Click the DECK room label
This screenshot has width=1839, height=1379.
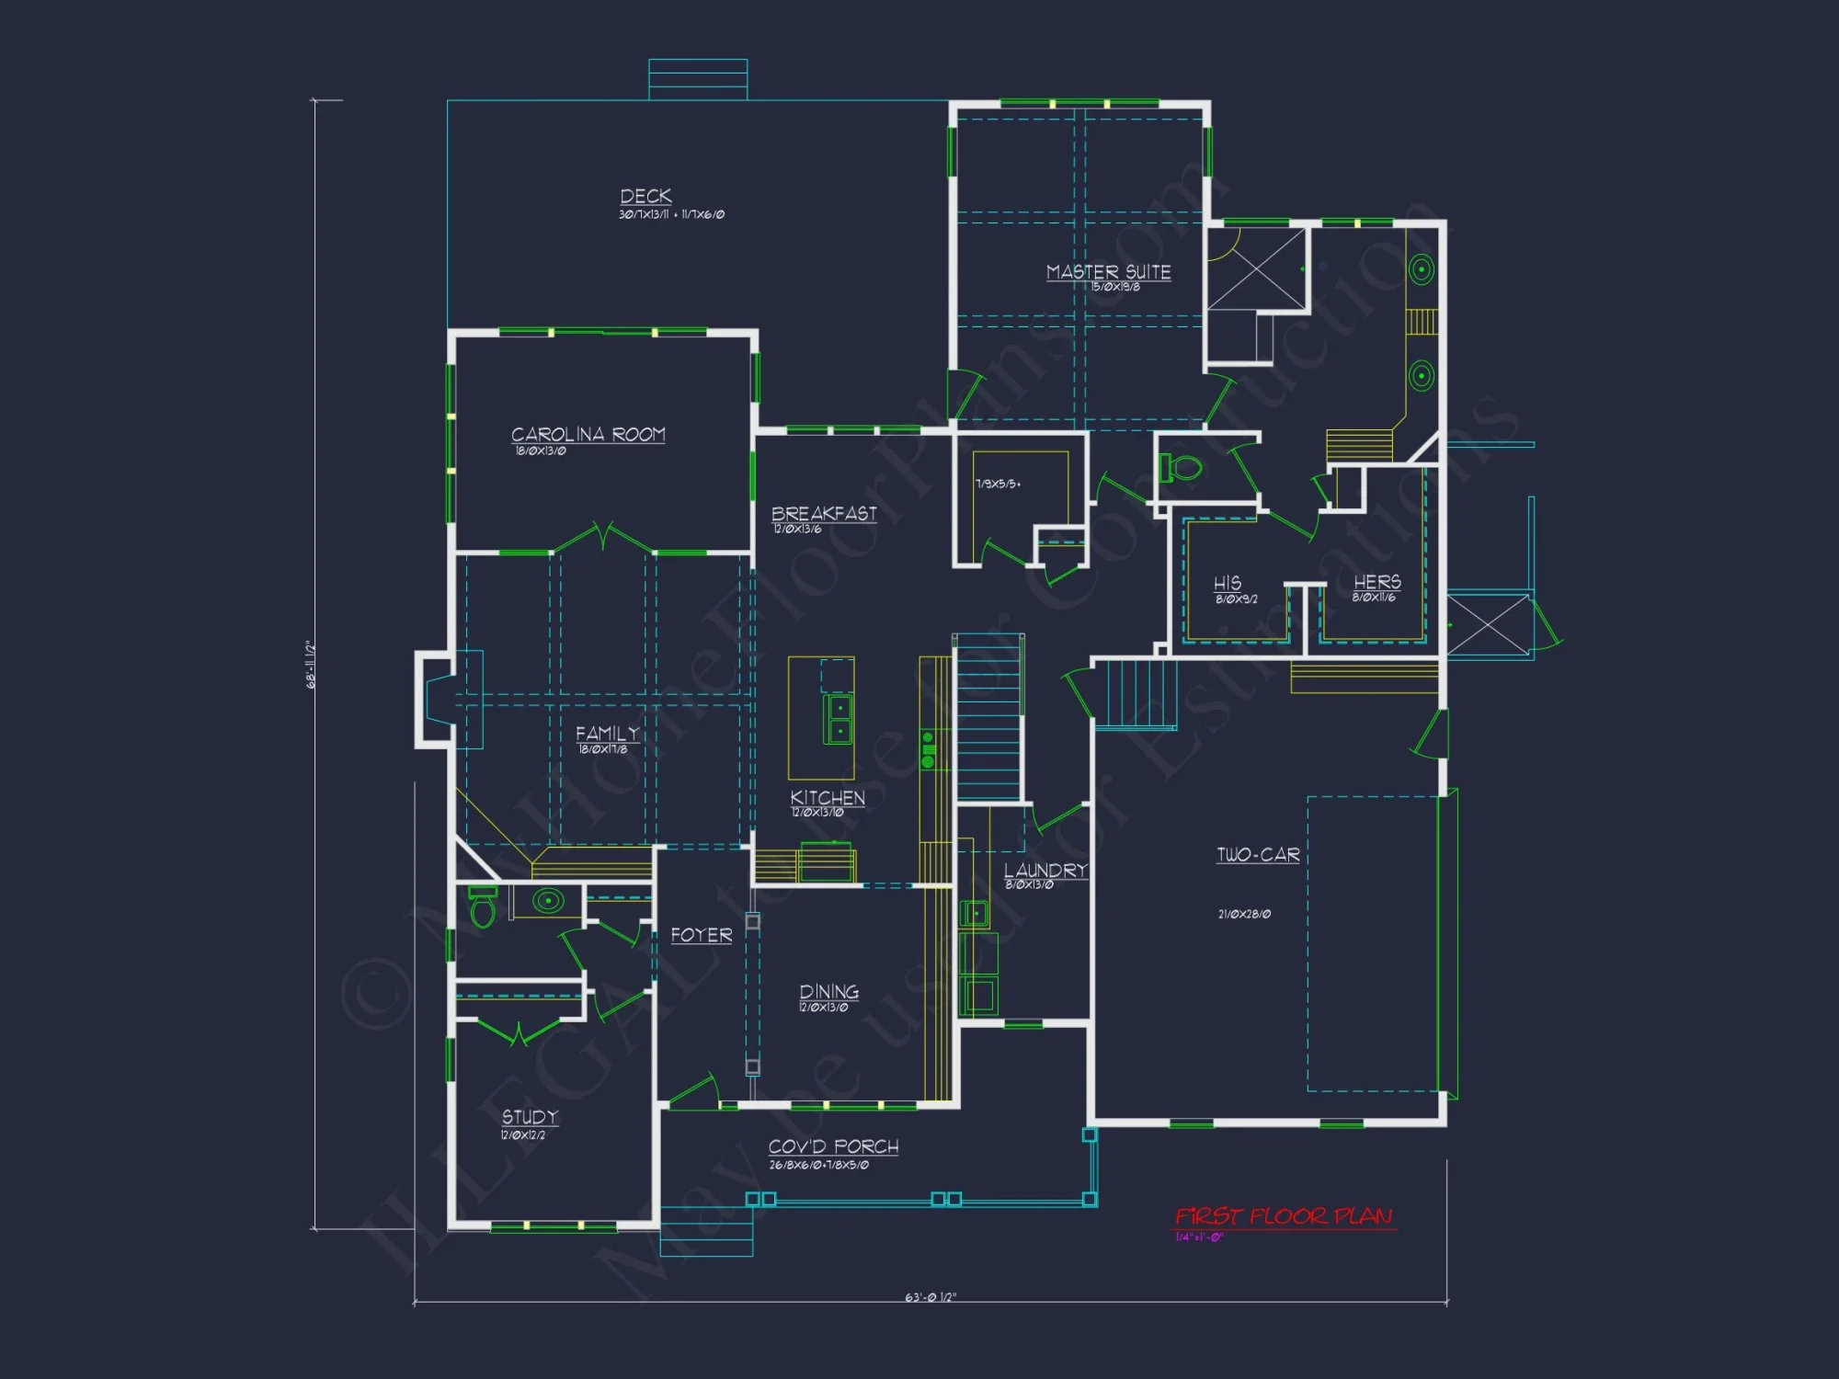point(645,197)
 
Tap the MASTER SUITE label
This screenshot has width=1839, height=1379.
point(1108,272)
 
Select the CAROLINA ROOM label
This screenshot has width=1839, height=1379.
point(588,434)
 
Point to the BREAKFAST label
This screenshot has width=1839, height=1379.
point(824,514)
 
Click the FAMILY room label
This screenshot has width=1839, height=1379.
point(607,734)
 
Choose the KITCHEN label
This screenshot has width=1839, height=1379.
point(828,798)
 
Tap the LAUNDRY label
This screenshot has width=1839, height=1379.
point(1045,871)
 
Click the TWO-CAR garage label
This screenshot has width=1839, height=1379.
point(1258,855)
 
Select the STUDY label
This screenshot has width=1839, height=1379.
point(530,1117)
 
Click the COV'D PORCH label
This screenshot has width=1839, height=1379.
point(833,1146)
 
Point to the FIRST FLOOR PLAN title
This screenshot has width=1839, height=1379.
point(1285,1216)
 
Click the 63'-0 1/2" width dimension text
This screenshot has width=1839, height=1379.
point(931,1297)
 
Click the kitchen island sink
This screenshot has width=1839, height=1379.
point(840,720)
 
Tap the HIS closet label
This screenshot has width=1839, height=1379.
point(1228,583)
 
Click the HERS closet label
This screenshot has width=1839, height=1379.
point(1376,582)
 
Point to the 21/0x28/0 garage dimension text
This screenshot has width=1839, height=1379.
point(1244,914)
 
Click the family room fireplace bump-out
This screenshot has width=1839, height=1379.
point(434,699)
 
